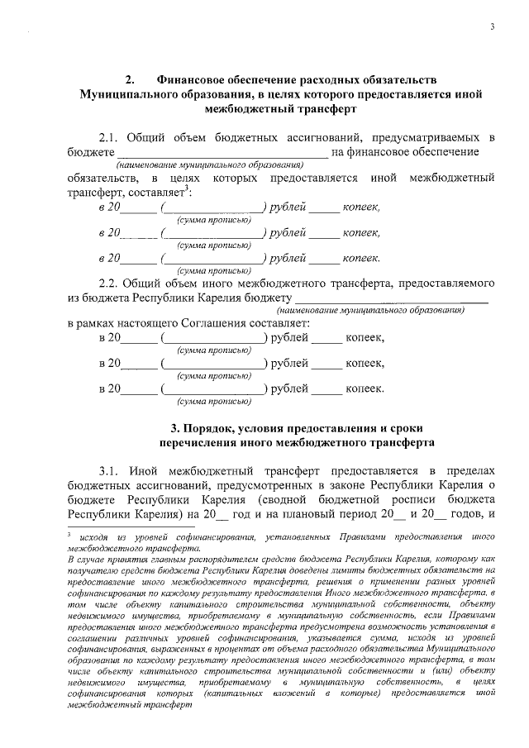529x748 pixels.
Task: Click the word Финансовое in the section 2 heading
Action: pyautogui.click(x=186, y=80)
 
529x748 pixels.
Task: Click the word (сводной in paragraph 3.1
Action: pyautogui.click(x=283, y=500)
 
